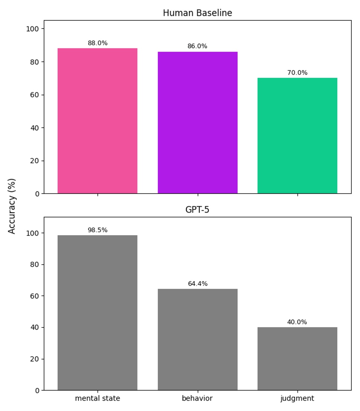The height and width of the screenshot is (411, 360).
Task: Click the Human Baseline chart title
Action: point(197,13)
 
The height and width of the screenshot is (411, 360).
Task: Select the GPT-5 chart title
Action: point(197,210)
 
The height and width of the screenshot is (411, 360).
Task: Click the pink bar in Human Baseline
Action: point(97,121)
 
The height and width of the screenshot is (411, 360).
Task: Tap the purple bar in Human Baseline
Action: point(197,123)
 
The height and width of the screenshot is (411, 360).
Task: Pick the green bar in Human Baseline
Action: point(297,136)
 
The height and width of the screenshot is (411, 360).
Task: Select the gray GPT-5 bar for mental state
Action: point(97,313)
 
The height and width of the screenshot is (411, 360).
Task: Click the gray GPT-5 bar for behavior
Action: point(197,339)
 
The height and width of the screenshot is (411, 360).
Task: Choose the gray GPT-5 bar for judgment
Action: point(297,359)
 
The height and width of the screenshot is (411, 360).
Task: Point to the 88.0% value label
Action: point(97,43)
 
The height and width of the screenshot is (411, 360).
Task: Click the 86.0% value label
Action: point(197,46)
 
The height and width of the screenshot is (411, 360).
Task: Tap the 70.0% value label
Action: point(297,73)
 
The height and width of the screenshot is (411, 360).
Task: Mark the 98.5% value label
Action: point(97,230)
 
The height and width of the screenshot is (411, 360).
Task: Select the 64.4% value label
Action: point(197,284)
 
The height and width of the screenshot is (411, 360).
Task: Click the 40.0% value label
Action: point(297,322)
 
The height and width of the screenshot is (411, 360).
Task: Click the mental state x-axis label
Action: point(97,398)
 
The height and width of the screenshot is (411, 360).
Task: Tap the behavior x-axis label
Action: point(197,398)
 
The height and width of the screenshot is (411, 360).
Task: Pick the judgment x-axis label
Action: point(297,398)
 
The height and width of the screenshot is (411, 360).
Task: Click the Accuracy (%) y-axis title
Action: point(12,206)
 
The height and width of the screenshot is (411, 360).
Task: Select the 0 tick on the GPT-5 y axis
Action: point(37,391)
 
